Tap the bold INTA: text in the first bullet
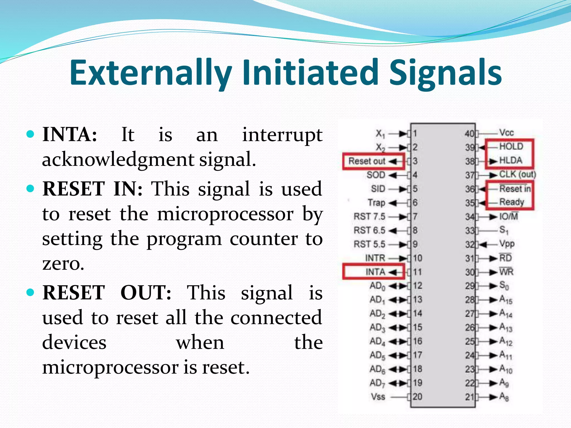point(70,135)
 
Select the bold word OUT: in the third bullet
point(146,293)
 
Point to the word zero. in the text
point(63,263)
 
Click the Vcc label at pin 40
point(506,133)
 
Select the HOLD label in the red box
point(511,147)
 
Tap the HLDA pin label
point(510,160)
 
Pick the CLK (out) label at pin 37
point(517,174)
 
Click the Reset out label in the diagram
point(367,161)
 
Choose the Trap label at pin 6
point(376,203)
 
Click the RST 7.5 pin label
point(369,217)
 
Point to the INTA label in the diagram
point(375,272)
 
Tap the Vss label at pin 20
point(378,397)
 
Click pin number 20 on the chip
point(417,397)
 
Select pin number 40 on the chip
point(470,134)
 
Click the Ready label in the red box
point(511,202)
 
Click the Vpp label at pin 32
point(507,244)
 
